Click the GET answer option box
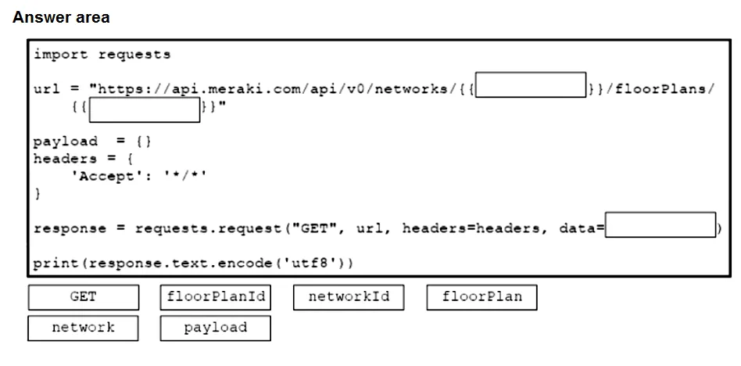(x=84, y=297)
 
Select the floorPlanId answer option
(x=216, y=297)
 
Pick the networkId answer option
(x=349, y=297)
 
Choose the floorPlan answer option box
(x=482, y=297)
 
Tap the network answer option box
(x=83, y=328)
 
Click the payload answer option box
(x=216, y=328)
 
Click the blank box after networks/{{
(x=531, y=85)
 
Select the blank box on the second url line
(x=145, y=109)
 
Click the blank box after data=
(x=660, y=224)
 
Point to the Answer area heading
(x=61, y=17)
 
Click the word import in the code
(x=61, y=55)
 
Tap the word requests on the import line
(x=134, y=55)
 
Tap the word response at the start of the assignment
(x=70, y=229)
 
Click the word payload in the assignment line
(x=66, y=142)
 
